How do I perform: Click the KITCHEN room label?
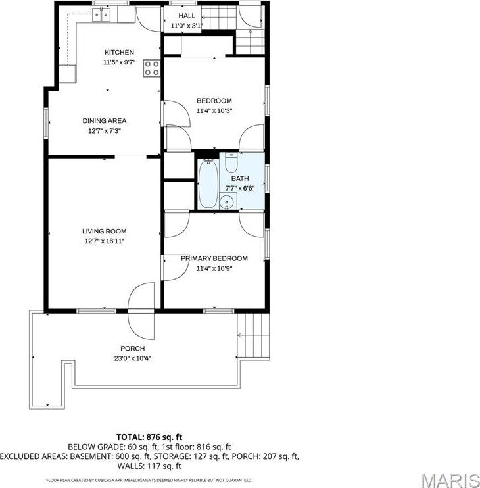(x=119, y=53)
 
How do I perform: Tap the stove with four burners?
(x=152, y=68)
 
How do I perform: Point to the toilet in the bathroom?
(x=231, y=162)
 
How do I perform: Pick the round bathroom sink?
(x=228, y=202)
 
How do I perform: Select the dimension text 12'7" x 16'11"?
(x=104, y=241)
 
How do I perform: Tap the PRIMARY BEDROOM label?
(x=214, y=258)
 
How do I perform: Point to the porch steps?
(x=253, y=335)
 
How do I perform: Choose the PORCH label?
(x=132, y=349)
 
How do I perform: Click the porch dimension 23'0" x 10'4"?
(x=132, y=358)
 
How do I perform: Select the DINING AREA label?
(x=104, y=120)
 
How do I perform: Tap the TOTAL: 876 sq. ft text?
(x=149, y=437)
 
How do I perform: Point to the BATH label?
(x=239, y=178)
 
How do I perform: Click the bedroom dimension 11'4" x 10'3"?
(x=214, y=110)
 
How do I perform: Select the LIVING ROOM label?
(x=104, y=232)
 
